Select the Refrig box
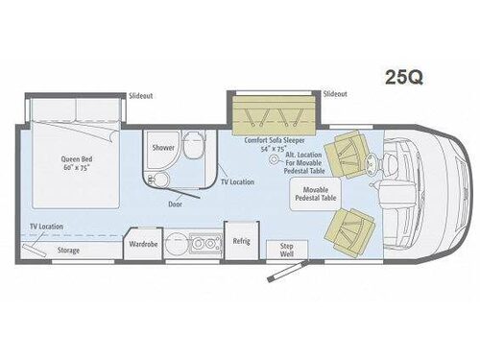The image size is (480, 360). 241,241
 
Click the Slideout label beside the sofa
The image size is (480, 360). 335,94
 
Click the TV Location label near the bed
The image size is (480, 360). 45,227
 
